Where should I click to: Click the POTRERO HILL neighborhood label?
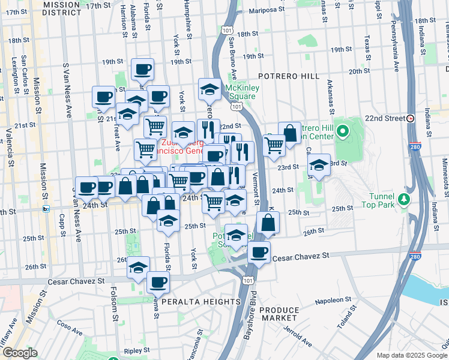(x=291, y=76)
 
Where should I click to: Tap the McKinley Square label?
(x=241, y=92)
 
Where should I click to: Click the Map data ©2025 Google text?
(x=411, y=355)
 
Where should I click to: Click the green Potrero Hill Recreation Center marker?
(x=343, y=131)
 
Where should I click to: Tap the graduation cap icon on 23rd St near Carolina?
(x=319, y=164)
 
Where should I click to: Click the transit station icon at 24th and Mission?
(x=46, y=209)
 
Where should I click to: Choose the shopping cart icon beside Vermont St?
(x=274, y=145)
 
